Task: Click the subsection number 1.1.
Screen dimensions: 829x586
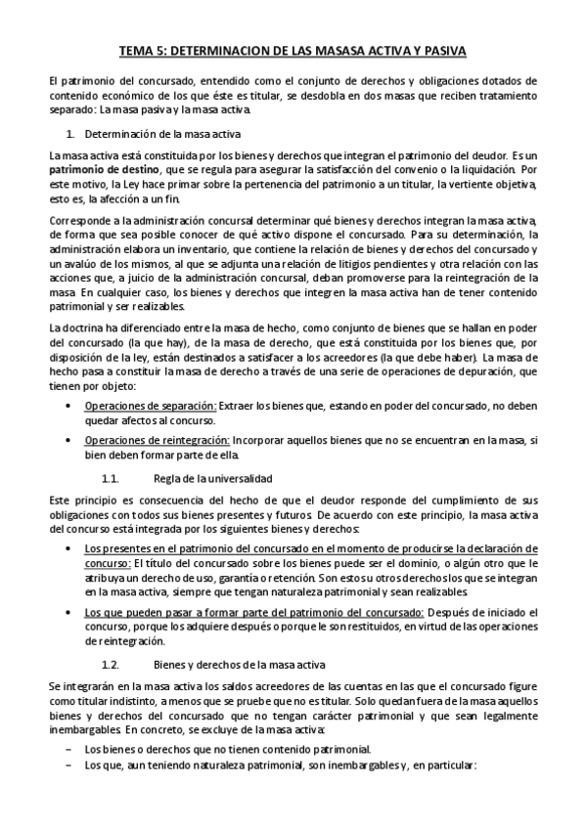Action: tap(111, 478)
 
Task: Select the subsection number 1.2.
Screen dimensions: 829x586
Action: tap(111, 664)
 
